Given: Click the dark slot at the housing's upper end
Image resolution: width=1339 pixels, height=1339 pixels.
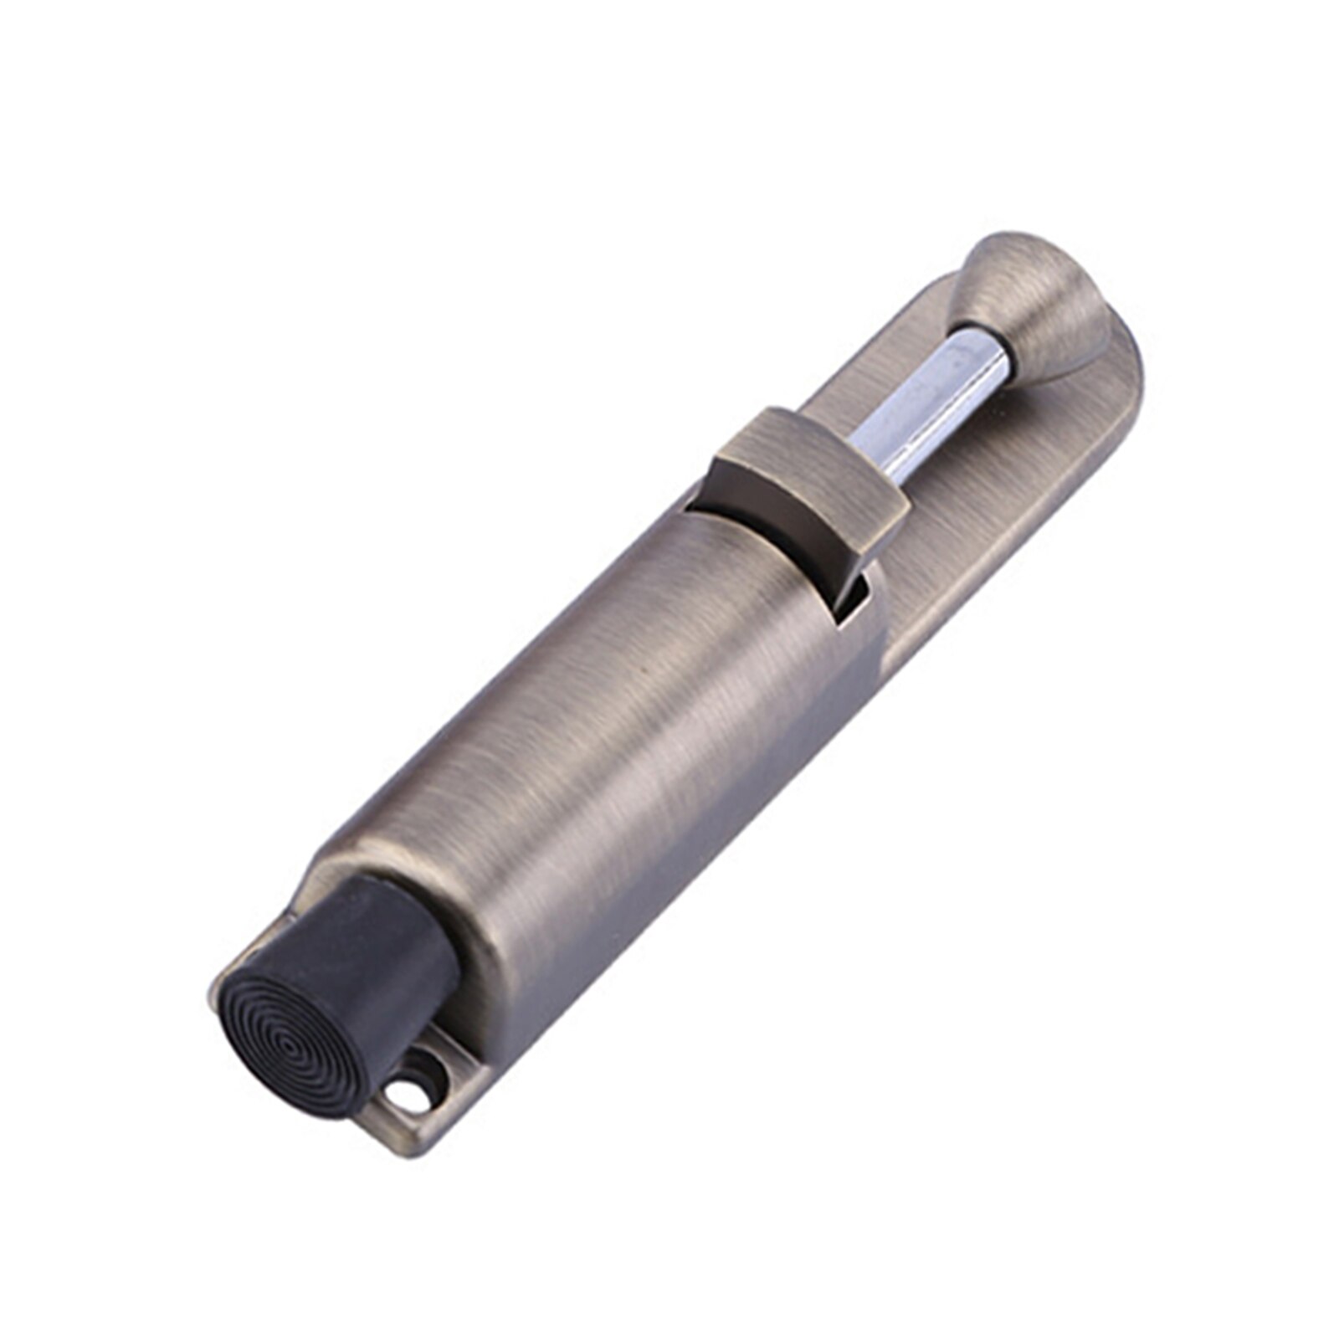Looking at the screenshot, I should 699,502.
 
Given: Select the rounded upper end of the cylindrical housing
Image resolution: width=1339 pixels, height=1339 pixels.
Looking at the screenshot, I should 753,544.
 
